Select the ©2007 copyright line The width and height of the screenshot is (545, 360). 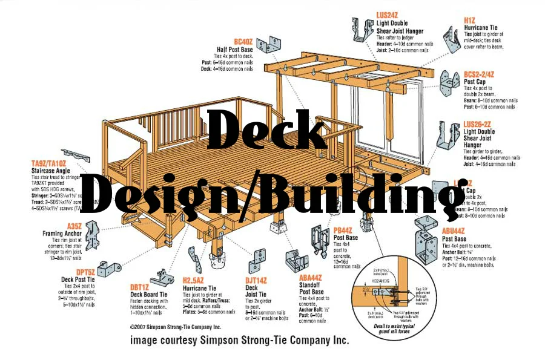171,327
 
